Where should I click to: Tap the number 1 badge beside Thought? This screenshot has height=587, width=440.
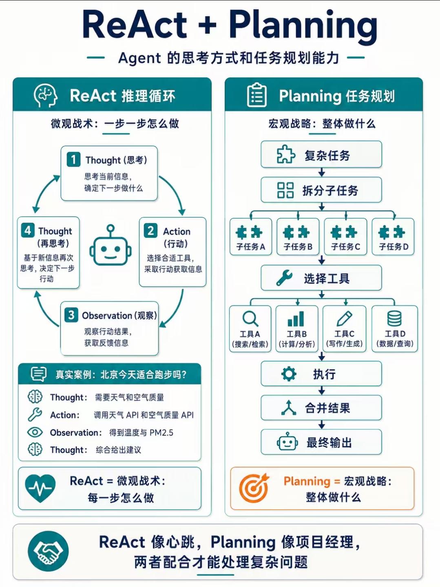pyautogui.click(x=73, y=159)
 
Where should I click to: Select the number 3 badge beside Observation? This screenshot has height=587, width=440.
pyautogui.click(x=71, y=315)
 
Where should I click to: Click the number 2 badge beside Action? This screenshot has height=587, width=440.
pyautogui.click(x=151, y=231)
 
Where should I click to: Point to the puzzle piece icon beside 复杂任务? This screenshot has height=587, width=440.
pyautogui.click(x=286, y=154)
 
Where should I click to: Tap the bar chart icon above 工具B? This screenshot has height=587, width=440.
pyautogui.click(x=296, y=319)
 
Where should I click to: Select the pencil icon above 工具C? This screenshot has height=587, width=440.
pyautogui.click(x=344, y=319)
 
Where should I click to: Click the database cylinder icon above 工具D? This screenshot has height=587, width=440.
pyautogui.click(x=394, y=319)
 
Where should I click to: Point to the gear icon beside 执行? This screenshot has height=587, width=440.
pyautogui.click(x=289, y=374)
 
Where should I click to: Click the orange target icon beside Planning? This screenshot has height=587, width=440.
pyautogui.click(x=254, y=488)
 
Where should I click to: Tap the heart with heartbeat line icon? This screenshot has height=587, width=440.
pyautogui.click(x=40, y=488)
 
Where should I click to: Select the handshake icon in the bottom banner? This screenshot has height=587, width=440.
pyautogui.click(x=48, y=551)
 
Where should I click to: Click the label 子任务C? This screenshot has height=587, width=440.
pyautogui.click(x=345, y=246)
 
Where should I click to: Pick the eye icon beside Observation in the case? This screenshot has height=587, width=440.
pyautogui.click(x=35, y=432)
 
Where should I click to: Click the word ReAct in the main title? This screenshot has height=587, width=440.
pyautogui.click(x=135, y=24)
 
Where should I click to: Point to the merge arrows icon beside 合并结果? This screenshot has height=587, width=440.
pyautogui.click(x=289, y=407)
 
